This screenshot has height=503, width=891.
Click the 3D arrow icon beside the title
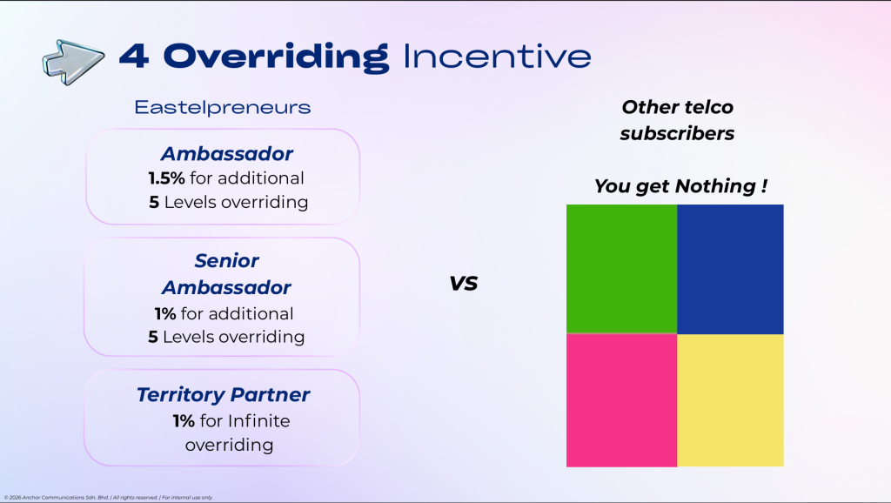pyautogui.click(x=73, y=62)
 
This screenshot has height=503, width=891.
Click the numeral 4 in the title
pyautogui.click(x=135, y=57)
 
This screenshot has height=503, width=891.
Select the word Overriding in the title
pyautogui.click(x=276, y=57)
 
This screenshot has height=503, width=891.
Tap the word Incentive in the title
pyautogui.click(x=497, y=57)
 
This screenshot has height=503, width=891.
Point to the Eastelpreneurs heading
pyautogui.click(x=223, y=107)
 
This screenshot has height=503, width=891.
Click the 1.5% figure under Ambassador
pyautogui.click(x=166, y=178)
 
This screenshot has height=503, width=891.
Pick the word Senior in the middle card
pyautogui.click(x=227, y=260)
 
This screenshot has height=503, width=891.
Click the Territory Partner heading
pyautogui.click(x=224, y=394)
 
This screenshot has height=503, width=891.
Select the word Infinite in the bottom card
pyautogui.click(x=259, y=420)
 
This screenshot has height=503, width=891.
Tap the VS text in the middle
pyautogui.click(x=464, y=283)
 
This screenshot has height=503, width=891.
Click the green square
pyautogui.click(x=621, y=269)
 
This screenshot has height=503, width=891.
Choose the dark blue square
pyautogui.click(x=730, y=270)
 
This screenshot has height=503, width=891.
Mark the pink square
pyautogui.click(x=621, y=400)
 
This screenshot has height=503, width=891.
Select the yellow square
pyautogui.click(x=730, y=400)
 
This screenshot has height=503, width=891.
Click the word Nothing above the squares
pyautogui.click(x=715, y=186)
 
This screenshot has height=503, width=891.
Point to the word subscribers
pyautogui.click(x=677, y=133)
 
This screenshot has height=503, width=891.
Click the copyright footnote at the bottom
pyautogui.click(x=109, y=497)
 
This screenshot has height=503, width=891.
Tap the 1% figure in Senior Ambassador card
pyautogui.click(x=164, y=313)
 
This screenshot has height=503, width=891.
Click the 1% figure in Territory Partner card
pyautogui.click(x=184, y=420)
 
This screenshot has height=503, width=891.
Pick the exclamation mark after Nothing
pyautogui.click(x=764, y=185)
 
